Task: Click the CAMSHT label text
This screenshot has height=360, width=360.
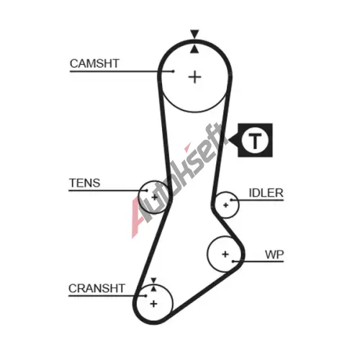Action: (x=94, y=63)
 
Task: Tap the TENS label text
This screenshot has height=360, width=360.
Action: (x=84, y=183)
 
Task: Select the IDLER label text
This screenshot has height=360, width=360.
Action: (x=266, y=193)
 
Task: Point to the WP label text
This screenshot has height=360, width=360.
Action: (x=274, y=254)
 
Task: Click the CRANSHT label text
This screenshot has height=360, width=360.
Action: (x=96, y=288)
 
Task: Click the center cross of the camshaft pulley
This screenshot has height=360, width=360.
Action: (x=194, y=77)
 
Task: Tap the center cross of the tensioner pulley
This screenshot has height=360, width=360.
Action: (x=155, y=197)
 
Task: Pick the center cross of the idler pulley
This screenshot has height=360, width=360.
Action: (x=225, y=205)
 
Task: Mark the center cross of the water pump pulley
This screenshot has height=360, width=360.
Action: (x=225, y=254)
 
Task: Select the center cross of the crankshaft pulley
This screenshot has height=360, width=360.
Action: (x=153, y=304)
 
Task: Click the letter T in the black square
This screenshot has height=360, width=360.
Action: (x=255, y=140)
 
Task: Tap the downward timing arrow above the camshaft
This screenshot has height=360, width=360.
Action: (x=194, y=34)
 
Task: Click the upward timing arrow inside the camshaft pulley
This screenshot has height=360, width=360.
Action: (x=194, y=49)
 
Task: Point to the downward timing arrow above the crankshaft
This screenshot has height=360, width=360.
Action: (x=153, y=280)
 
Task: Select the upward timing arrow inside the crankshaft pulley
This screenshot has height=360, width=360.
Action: (x=153, y=288)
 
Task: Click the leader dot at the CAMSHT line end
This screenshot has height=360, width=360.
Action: (x=173, y=71)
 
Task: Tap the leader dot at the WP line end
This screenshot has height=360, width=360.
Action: (x=233, y=261)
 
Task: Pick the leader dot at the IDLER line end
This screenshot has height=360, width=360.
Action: (x=231, y=199)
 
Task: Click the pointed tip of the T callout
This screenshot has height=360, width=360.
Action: (x=228, y=140)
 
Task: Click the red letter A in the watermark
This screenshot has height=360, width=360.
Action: (x=139, y=217)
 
